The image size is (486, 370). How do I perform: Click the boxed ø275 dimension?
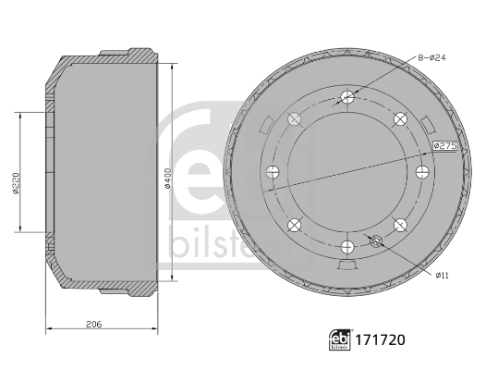(446, 146)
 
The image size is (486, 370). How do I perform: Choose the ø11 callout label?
(443, 275)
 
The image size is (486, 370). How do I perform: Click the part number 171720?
(381, 340)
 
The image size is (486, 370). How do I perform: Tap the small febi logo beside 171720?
(339, 340)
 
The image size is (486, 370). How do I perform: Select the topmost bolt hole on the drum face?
(347, 96)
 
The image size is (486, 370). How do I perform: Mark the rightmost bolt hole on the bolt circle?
(422, 171)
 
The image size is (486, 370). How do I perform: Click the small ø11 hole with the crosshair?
(376, 240)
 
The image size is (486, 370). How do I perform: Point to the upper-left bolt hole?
(295, 117)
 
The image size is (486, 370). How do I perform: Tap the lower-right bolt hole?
(400, 225)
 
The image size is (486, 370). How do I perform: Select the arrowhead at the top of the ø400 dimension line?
(173, 66)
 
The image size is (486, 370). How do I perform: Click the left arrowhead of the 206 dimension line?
(48, 330)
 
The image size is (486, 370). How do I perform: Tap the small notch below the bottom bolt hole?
(347, 267)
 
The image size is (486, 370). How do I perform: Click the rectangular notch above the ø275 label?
(428, 123)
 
